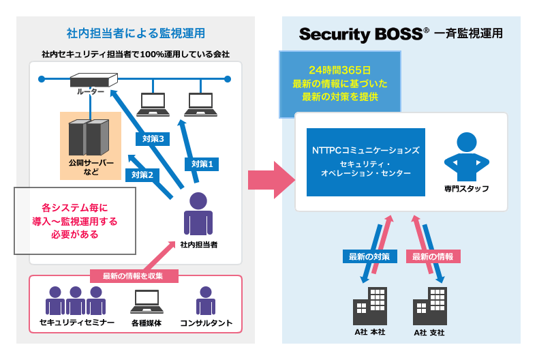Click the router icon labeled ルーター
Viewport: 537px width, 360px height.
(94, 79)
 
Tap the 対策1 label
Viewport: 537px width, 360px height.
(202, 164)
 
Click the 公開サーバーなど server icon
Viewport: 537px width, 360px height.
(89, 138)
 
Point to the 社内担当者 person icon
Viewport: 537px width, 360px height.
(198, 215)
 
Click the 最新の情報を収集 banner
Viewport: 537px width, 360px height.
(135, 276)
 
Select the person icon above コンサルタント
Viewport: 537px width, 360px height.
(206, 301)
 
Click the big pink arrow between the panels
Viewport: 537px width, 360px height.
(271, 180)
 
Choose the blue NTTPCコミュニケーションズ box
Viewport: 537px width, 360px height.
(365, 162)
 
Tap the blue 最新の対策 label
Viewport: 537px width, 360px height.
(369, 256)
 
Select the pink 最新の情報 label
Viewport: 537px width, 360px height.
(433, 256)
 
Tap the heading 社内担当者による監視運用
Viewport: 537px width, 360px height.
(136, 33)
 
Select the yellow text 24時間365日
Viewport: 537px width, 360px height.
(339, 70)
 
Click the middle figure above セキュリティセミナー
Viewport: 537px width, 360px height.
(76, 301)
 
